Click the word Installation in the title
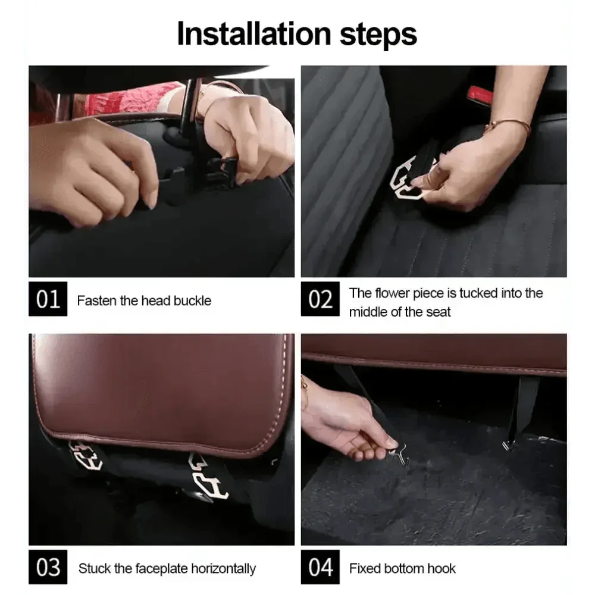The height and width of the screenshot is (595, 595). (x=255, y=34)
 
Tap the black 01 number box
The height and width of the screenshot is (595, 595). (x=48, y=299)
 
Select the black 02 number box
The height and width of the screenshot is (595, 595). (x=320, y=299)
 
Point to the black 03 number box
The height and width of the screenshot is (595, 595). (x=48, y=567)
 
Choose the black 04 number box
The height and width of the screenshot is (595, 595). (x=320, y=567)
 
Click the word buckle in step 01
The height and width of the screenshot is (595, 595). (x=192, y=300)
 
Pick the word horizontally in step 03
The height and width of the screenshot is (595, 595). (x=224, y=569)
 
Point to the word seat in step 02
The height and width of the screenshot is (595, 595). (x=438, y=312)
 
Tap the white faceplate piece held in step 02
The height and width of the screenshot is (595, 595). (x=409, y=177)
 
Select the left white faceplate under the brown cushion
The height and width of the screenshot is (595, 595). (x=86, y=455)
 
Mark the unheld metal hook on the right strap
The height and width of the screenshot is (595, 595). (x=507, y=444)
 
